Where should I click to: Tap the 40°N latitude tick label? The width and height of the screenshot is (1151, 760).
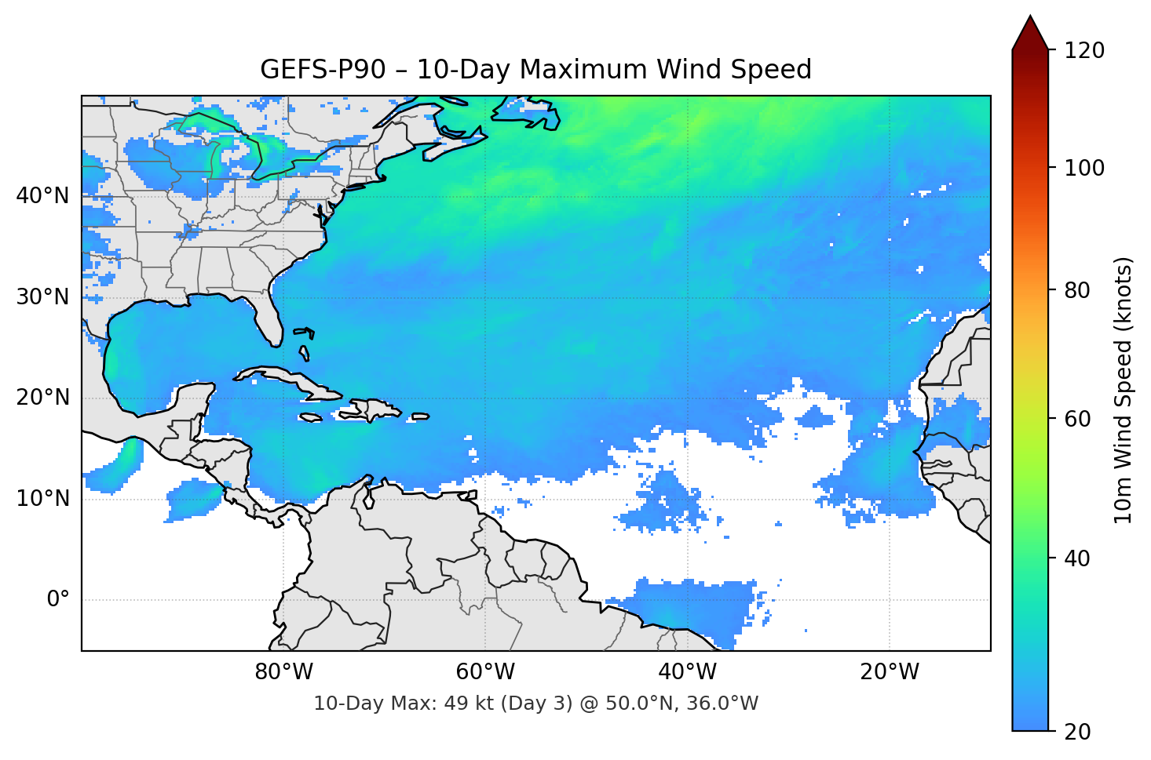point(42,195)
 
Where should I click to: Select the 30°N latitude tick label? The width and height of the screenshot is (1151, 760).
point(42,296)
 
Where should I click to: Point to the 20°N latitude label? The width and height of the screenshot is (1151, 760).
point(42,398)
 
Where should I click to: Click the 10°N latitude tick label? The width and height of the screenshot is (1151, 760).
point(42,499)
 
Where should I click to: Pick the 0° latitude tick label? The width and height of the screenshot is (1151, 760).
point(57,600)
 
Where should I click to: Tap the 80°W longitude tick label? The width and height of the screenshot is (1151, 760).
point(283,672)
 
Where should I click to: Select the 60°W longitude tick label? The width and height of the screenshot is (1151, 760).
point(485,672)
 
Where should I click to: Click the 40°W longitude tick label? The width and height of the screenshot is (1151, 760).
point(687,672)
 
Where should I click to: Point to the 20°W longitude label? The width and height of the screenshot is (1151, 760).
point(889,672)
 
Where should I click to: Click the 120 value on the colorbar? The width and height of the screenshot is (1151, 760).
point(1084,50)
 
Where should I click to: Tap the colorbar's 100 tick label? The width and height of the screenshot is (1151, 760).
point(1084,168)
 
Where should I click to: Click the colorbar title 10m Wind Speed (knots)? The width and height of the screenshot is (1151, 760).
point(1124,391)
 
